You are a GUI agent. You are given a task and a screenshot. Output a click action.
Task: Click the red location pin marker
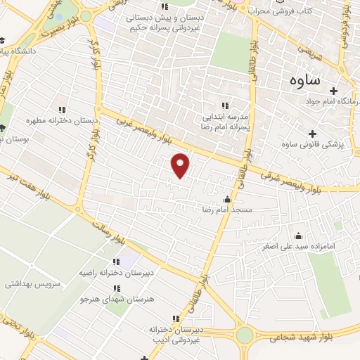pos(181,165)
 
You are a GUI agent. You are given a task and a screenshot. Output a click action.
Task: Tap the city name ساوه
pos(304,79)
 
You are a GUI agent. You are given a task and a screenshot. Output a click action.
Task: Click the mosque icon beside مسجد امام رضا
pos(226,200)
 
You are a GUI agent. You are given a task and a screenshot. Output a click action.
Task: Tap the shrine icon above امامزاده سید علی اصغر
pos(298,236)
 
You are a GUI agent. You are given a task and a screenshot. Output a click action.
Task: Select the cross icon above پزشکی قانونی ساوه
pos(313,133)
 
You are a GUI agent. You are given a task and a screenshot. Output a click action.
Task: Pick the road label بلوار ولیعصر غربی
pos(140,124)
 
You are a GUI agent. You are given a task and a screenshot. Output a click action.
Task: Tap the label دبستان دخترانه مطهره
pos(62,121)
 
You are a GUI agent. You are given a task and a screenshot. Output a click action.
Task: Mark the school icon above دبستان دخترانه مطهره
pos(62,110)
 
